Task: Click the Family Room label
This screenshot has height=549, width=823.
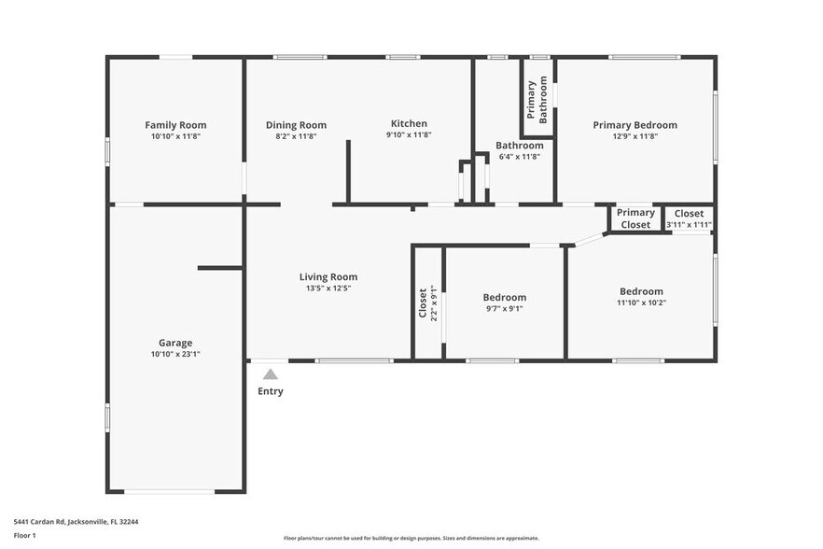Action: (175, 124)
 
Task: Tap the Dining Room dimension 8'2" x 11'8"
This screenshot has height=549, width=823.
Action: (296, 136)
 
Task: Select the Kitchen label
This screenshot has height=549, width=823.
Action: (409, 123)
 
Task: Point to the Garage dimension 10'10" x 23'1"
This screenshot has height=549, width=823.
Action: (175, 355)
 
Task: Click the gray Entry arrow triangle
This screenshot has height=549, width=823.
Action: (270, 374)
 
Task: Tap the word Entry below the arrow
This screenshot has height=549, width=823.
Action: (270, 391)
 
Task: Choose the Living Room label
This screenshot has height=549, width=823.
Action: (328, 276)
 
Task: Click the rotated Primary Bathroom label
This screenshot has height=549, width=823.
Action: (537, 101)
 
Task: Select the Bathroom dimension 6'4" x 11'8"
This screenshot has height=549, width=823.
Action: (519, 157)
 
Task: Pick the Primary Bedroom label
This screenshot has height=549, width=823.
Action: (635, 124)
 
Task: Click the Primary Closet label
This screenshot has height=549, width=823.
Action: (635, 218)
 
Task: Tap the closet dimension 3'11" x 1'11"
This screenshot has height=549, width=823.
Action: (689, 225)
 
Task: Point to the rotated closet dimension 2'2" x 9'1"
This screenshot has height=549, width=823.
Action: (434, 303)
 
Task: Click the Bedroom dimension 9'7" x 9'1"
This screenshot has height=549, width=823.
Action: (504, 309)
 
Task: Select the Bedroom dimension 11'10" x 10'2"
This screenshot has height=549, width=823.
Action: (641, 303)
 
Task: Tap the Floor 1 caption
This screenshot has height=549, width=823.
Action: (24, 535)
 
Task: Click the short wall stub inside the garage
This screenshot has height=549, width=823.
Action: (220, 269)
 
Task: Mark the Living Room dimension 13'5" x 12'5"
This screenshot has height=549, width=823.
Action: (328, 289)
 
